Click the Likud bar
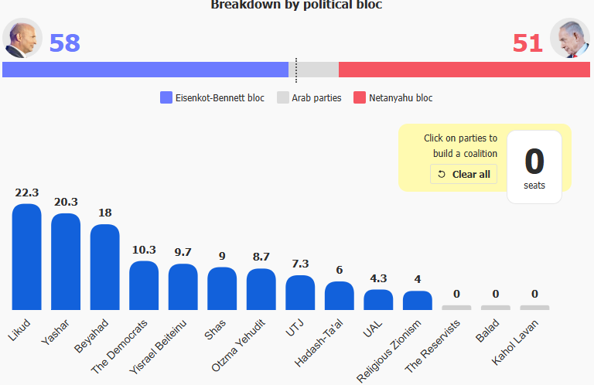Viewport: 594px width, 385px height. (26, 257)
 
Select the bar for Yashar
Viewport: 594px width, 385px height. (66, 261)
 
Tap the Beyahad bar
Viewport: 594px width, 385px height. (105, 267)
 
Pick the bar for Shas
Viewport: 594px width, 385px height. (222, 288)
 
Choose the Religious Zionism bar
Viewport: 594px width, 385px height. (418, 300)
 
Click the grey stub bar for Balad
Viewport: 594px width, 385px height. (496, 308)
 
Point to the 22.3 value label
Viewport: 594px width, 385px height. (27, 192)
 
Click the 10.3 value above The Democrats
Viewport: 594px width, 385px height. (144, 250)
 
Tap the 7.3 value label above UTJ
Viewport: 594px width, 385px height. (300, 264)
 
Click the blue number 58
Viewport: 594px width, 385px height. (65, 43)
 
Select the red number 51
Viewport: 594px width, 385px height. (527, 43)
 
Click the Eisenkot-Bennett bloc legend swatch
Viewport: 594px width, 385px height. (166, 97)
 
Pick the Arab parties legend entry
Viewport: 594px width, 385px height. (309, 97)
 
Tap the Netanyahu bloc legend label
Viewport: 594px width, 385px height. (401, 98)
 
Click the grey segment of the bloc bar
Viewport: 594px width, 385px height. (314, 70)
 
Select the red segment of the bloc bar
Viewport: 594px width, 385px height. (464, 70)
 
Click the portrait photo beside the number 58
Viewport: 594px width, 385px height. (22, 38)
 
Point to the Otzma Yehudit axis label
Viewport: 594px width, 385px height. (239, 346)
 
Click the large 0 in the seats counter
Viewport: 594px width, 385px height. (534, 162)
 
